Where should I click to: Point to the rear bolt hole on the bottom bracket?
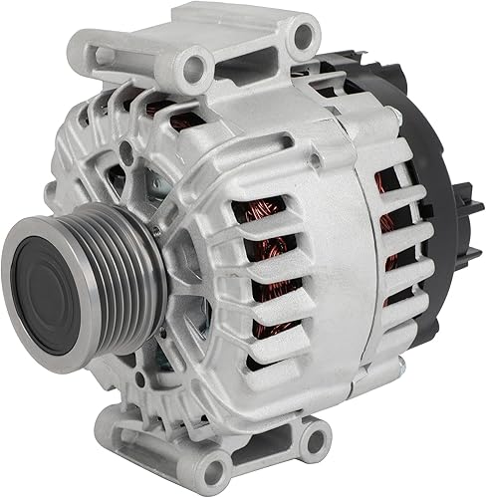pyautogui.click(x=317, y=439)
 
